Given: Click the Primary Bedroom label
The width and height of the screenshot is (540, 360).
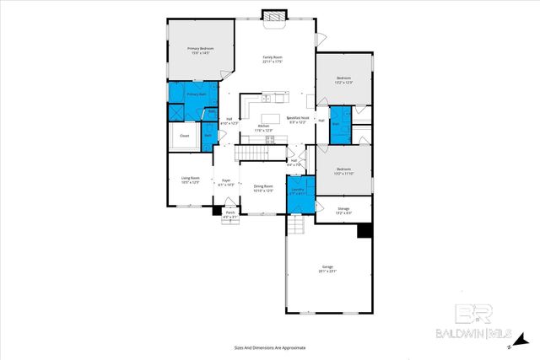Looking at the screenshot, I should coord(200,49).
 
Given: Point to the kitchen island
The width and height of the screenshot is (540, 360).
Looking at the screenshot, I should coord(271,118).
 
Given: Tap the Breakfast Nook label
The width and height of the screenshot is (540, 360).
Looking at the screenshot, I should coord(298,118).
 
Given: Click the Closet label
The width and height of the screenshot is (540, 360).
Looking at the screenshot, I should coord(183,135).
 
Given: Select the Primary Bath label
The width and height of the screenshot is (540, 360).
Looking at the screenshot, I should coord(196,94).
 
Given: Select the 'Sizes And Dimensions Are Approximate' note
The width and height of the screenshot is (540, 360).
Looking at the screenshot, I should coord(269,347).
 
